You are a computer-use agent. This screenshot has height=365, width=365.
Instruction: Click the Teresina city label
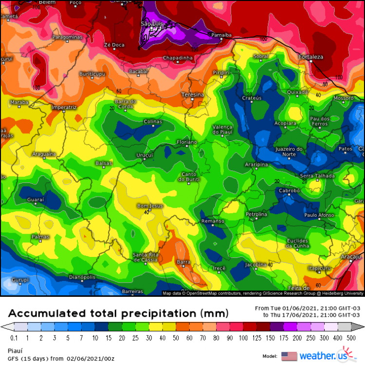pos(192,94)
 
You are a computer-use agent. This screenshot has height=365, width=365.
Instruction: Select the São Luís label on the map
pos(152,23)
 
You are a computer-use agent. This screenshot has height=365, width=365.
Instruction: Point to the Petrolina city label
pos(256,214)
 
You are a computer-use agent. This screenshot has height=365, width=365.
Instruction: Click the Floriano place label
pos(186,142)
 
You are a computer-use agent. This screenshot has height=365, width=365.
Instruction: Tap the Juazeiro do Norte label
pos(289,151)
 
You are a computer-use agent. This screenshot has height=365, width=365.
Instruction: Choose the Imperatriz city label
pos(64,107)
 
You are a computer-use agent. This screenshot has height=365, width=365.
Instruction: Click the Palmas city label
pos(40,237)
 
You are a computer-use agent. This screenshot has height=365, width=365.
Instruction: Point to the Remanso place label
pos(213,221)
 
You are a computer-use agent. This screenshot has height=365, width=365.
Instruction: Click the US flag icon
pos(289,356)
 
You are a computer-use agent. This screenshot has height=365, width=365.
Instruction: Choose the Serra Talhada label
pos(317,176)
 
